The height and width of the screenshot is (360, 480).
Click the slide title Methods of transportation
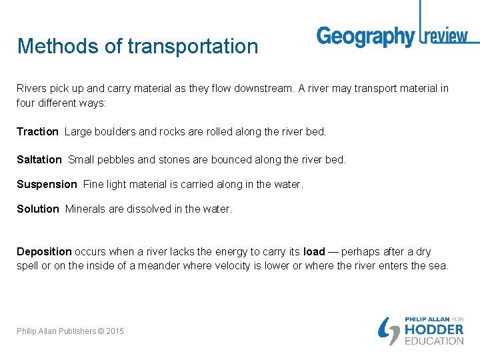[137, 46]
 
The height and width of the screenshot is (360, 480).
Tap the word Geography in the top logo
[365, 37]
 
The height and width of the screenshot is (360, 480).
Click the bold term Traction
[37, 132]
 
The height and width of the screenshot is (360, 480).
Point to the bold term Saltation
[39, 160]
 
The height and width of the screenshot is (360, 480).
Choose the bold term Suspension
[47, 184]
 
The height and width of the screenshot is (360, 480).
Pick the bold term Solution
[38, 209]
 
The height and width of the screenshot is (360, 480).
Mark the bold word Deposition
[44, 252]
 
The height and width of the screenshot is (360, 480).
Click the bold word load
[314, 252]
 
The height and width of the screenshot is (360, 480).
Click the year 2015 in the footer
[114, 331]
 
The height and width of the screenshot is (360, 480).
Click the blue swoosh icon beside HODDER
[389, 330]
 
